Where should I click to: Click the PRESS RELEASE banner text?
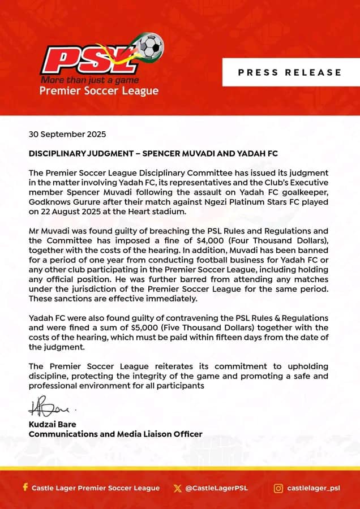[290, 72]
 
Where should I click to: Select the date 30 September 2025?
[67, 135]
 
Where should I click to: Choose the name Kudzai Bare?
[52, 424]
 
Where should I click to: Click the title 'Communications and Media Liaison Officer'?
[115, 434]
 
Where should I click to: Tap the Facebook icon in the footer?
[25, 488]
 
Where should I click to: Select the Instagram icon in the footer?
[278, 488]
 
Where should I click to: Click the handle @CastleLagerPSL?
[217, 488]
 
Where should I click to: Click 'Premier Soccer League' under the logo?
[99, 91]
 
